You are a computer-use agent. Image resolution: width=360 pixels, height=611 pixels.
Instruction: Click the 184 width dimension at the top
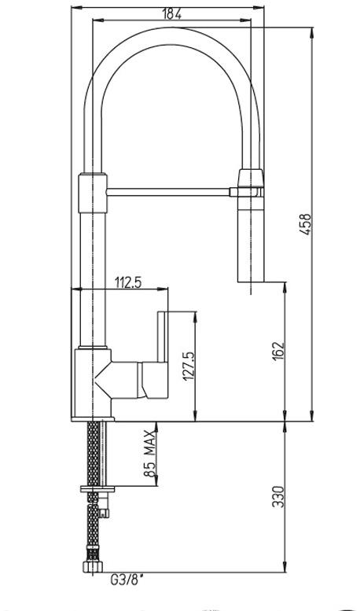171,13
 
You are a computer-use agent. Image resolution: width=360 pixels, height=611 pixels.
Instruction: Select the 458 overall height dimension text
307,223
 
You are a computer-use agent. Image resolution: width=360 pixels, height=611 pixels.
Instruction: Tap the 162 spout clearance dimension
278,352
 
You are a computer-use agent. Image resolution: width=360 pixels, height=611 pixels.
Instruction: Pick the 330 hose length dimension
278,496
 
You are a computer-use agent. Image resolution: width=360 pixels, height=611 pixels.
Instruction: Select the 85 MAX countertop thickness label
149,453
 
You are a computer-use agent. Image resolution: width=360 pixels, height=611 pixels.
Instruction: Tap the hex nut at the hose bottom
93,566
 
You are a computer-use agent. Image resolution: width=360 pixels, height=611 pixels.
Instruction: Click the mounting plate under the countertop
97,488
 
